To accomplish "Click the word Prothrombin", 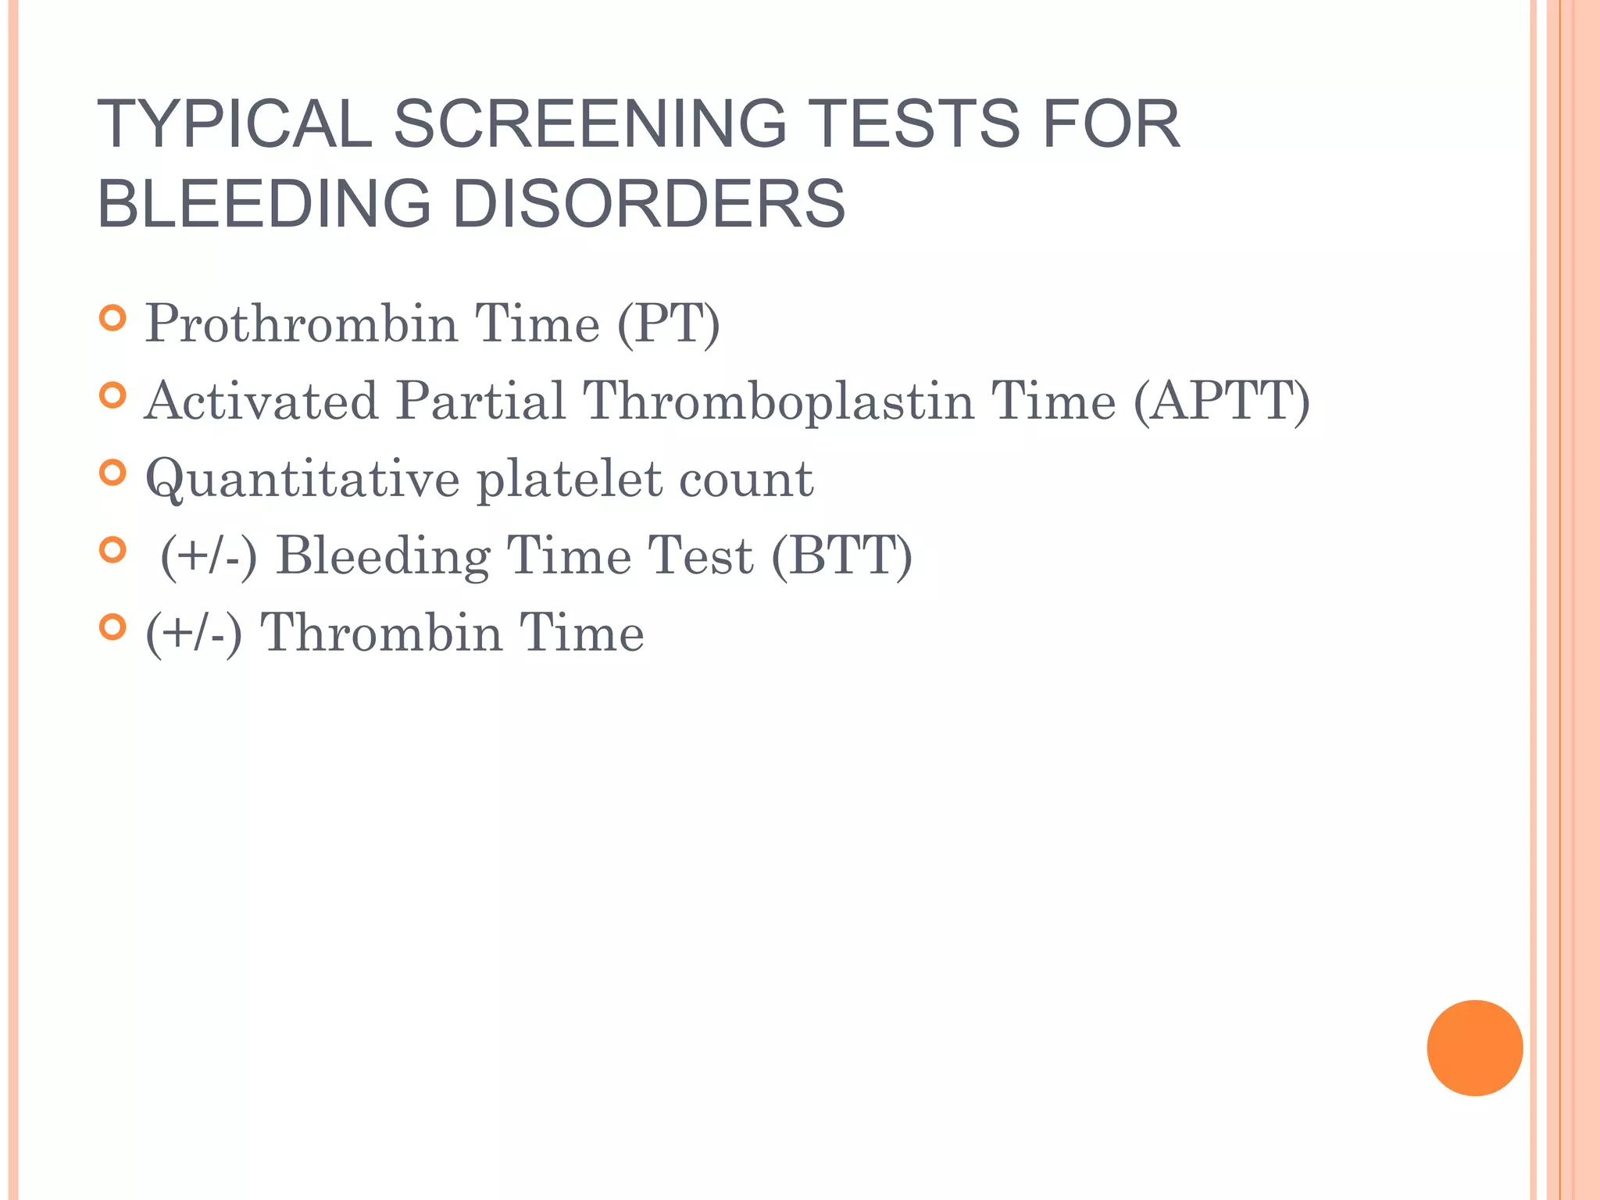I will pyautogui.click(x=301, y=323).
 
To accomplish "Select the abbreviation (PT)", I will pyautogui.click(x=668, y=323).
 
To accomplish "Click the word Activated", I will pyautogui.click(x=261, y=400).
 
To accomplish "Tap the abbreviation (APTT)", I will pyautogui.click(x=1221, y=400).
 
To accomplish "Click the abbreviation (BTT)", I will pyautogui.click(x=841, y=555).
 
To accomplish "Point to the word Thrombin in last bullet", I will pyautogui.click(x=380, y=632).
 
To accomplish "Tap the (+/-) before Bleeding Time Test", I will pyautogui.click(x=209, y=555).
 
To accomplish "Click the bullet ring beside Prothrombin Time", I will pyautogui.click(x=113, y=318).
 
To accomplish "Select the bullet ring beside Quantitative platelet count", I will pyautogui.click(x=113, y=473).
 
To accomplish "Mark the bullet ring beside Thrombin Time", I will pyautogui.click(x=113, y=627).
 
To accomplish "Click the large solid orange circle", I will pyautogui.click(x=1474, y=1048).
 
